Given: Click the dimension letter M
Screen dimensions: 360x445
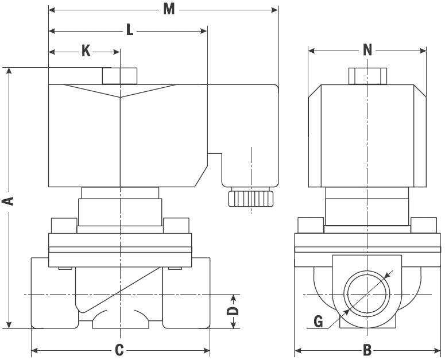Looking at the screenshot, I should coord(168,9).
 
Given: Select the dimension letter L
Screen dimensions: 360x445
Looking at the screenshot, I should coord(130,30).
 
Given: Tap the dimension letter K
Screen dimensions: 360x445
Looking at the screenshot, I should coord(86,51).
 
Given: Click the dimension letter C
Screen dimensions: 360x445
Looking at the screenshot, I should coord(119,350).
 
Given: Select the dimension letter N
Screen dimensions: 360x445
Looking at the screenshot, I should coord(368,51).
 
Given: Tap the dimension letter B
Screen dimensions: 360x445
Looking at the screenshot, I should coord(368,350).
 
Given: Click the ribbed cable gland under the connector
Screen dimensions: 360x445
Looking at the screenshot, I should coord(251,198).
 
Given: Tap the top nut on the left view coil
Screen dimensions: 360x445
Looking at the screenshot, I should coord(119,76).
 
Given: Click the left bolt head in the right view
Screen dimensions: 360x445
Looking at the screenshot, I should coord(310,225).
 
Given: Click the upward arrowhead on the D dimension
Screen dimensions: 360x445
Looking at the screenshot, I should coord(233,297).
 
